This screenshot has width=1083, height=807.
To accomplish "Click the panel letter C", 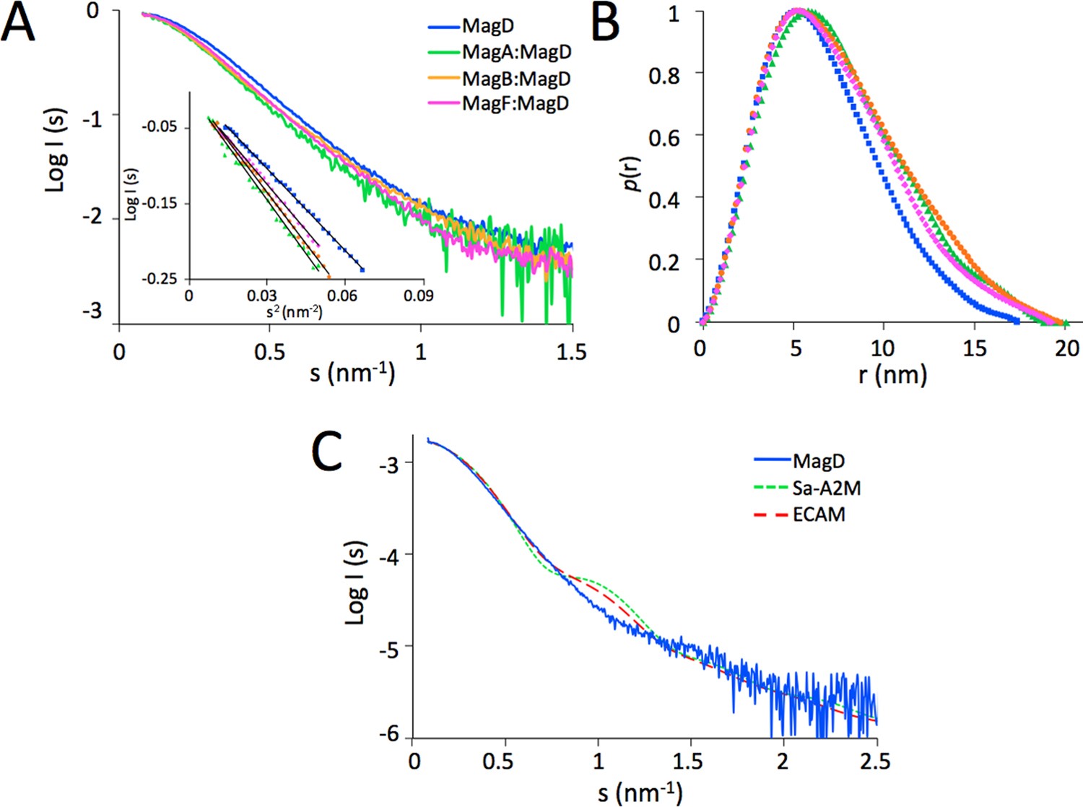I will click(326, 453).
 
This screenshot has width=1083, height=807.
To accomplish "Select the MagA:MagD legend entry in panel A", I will click(516, 53).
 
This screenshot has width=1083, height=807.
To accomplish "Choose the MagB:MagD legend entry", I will click(516, 78).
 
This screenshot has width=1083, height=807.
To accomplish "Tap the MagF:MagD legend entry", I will click(516, 103).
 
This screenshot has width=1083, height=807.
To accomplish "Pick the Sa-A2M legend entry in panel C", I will click(826, 488).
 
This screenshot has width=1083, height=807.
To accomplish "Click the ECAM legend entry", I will click(818, 515).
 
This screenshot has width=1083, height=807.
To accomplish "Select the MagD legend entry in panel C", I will click(818, 461).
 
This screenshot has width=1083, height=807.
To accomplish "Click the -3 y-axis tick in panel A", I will click(92, 312).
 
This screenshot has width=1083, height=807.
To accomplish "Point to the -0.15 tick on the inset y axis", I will click(160, 204).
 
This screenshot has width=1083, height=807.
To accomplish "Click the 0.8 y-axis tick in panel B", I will click(664, 75).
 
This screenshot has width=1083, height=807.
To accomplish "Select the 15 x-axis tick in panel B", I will click(974, 348).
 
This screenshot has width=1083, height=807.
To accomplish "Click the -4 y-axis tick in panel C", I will click(390, 555).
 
